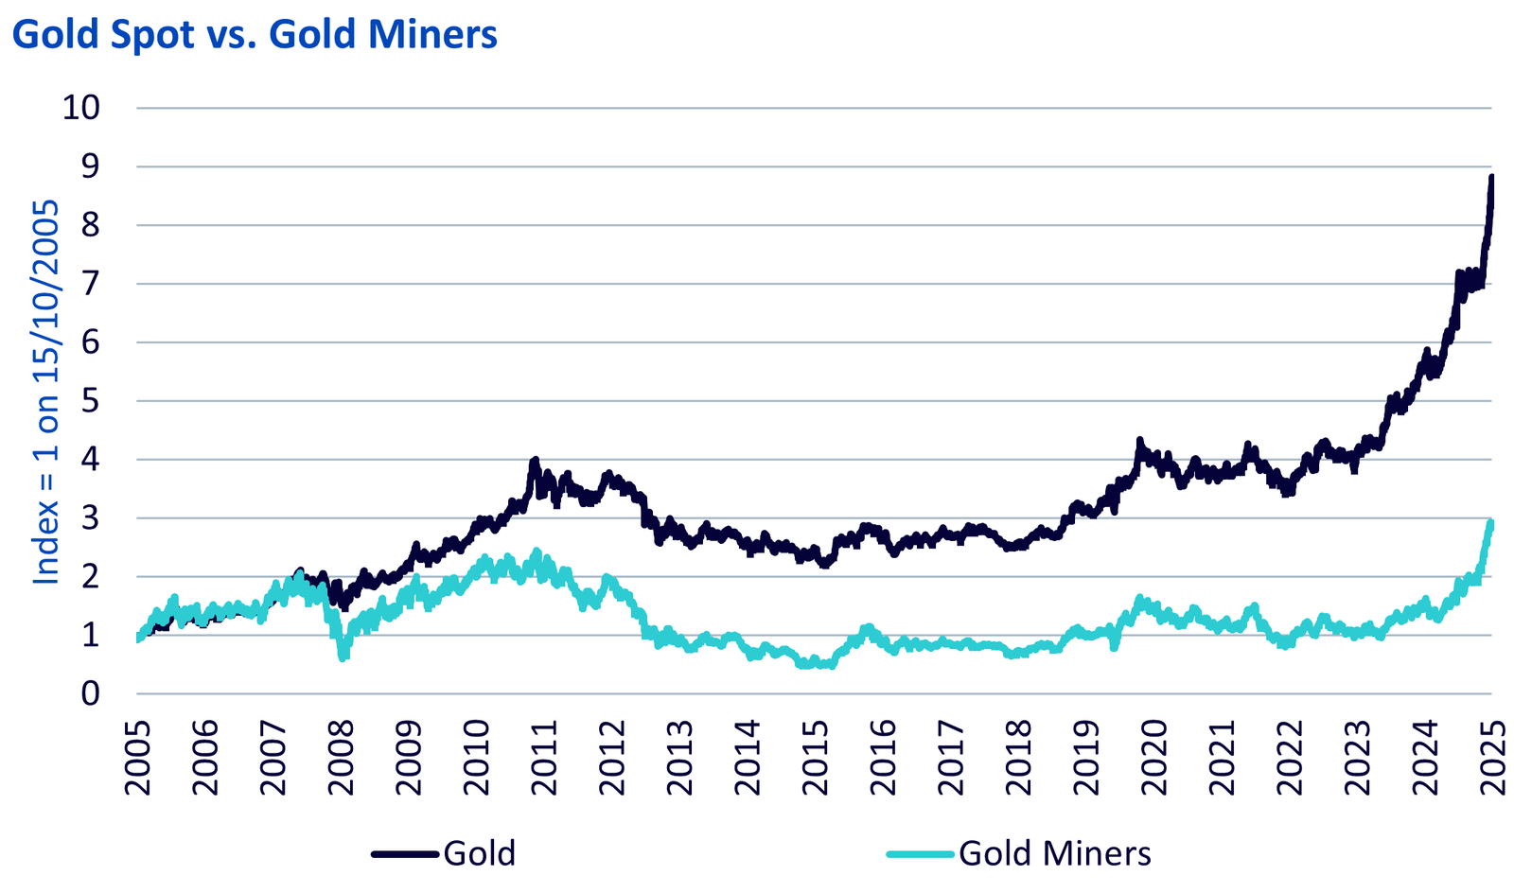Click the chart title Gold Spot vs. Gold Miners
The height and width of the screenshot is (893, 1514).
click(255, 35)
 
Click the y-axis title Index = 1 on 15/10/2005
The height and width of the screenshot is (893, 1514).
click(46, 393)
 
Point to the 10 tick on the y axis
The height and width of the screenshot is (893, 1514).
click(80, 108)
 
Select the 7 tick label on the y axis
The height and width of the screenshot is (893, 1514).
click(90, 284)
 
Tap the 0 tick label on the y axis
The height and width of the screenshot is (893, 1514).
click(90, 693)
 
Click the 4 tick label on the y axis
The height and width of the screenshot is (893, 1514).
click(90, 460)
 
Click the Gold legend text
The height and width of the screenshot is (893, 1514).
click(480, 853)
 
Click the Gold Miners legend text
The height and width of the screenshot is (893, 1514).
click(1055, 853)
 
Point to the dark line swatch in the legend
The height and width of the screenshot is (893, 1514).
click(407, 853)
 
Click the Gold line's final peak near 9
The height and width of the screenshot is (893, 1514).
click(1491, 177)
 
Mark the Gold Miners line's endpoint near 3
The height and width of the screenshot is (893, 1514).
click(1491, 521)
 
